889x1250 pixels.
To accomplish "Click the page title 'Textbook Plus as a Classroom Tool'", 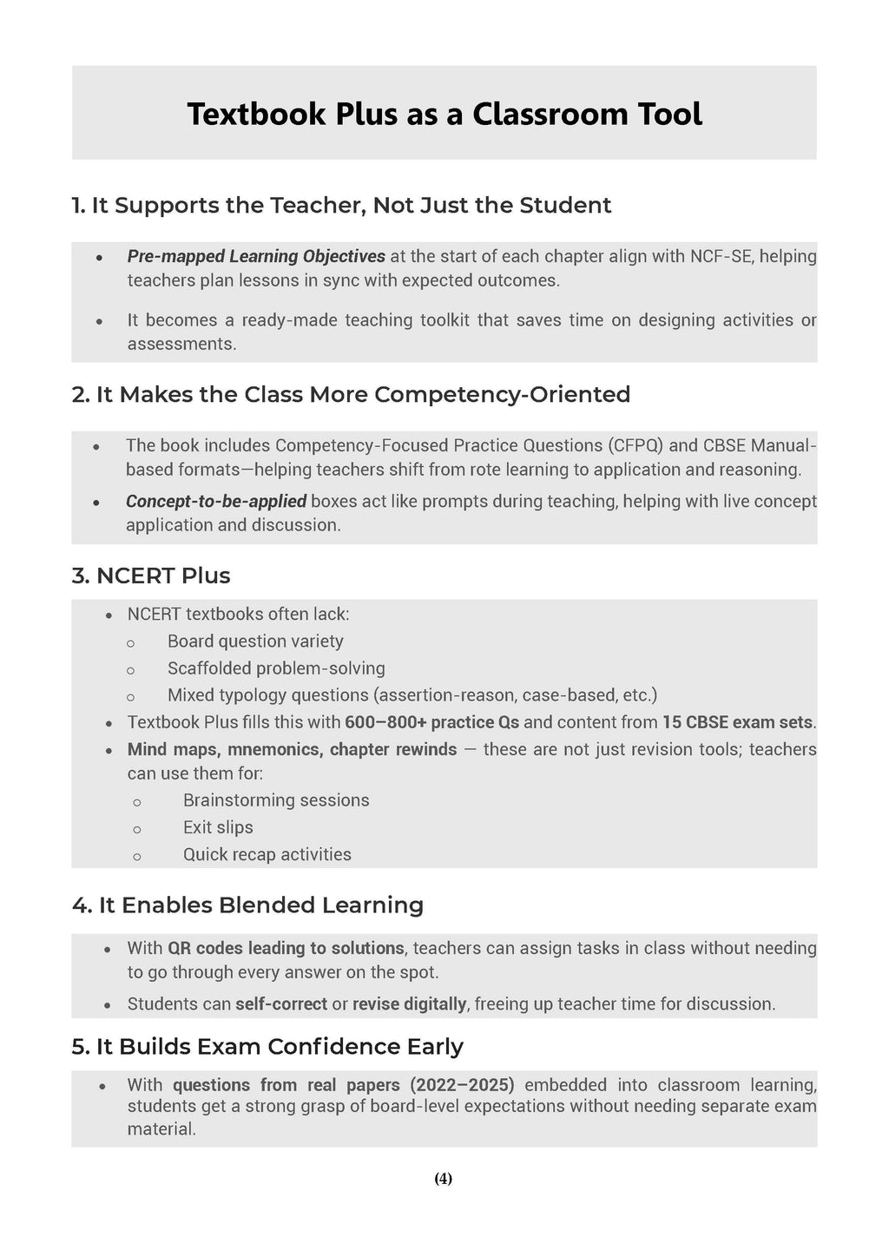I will [444, 114].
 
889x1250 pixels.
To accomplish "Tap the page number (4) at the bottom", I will [443, 1178].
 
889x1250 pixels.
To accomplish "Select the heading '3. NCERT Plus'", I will [151, 576].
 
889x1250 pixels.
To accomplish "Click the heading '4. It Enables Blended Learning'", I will [247, 905].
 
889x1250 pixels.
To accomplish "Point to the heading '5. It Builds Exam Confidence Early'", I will [267, 1046].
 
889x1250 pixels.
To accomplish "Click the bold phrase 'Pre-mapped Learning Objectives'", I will [256, 256].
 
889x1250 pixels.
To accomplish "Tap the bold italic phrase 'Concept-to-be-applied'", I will [215, 501].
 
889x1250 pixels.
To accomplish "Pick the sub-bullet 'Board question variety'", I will [255, 641].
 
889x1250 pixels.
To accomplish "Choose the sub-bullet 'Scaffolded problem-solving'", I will [276, 668].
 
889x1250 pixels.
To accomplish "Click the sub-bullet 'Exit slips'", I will [218, 827].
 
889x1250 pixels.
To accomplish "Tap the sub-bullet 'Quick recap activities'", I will [267, 854].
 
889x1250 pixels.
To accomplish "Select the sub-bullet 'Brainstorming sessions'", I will [276, 799].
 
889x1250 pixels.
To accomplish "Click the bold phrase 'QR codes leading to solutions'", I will [286, 948].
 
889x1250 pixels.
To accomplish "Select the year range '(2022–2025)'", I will [462, 1084].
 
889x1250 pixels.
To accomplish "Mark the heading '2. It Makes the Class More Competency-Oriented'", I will [351, 394].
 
